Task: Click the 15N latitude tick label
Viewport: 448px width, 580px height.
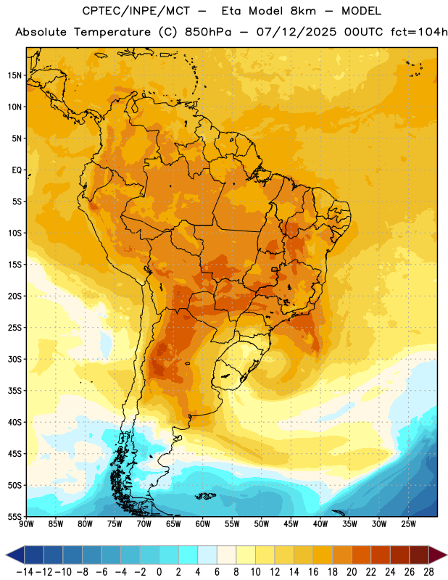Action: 14,75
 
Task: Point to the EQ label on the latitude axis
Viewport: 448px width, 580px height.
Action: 17,170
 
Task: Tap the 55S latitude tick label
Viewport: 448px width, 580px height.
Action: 14,516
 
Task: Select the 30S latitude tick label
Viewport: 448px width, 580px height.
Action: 14,359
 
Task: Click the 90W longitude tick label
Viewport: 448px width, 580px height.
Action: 26,524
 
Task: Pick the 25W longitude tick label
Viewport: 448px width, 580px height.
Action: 408,524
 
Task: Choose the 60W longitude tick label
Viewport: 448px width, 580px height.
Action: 203,524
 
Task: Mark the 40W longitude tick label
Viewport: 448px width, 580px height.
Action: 320,524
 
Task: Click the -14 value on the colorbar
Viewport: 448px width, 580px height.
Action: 25,572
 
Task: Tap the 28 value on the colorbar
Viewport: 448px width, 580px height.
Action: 428,572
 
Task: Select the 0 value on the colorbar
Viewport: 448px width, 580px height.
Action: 159,572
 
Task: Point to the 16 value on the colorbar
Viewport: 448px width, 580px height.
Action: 313,572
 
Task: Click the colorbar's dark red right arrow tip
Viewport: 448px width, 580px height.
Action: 447,555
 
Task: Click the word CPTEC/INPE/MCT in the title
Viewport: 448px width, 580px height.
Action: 136,11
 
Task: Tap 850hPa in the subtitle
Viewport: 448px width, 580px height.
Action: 208,32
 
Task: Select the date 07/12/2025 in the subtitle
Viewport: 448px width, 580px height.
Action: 296,32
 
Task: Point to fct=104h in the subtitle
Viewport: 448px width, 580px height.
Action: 419,32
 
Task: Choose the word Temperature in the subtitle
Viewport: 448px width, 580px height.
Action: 112,33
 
